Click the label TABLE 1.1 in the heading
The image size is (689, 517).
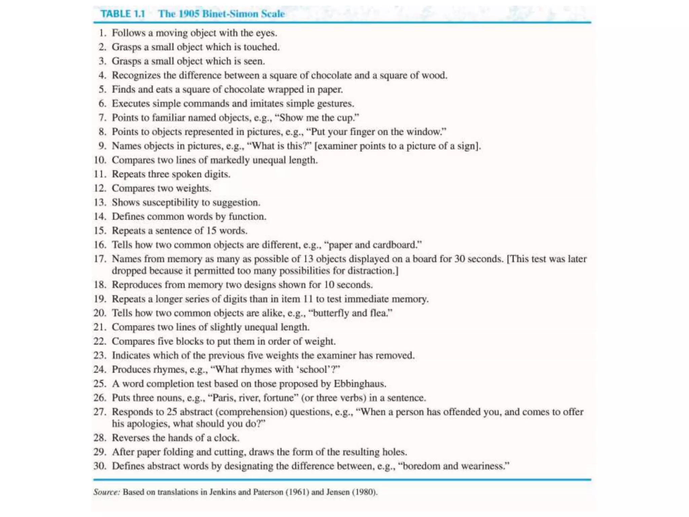pos(123,14)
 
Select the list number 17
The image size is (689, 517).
pos(100,259)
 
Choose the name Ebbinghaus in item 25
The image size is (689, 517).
pos(359,384)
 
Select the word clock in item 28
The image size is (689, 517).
pos(226,438)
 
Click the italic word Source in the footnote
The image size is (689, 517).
pos(106,492)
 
